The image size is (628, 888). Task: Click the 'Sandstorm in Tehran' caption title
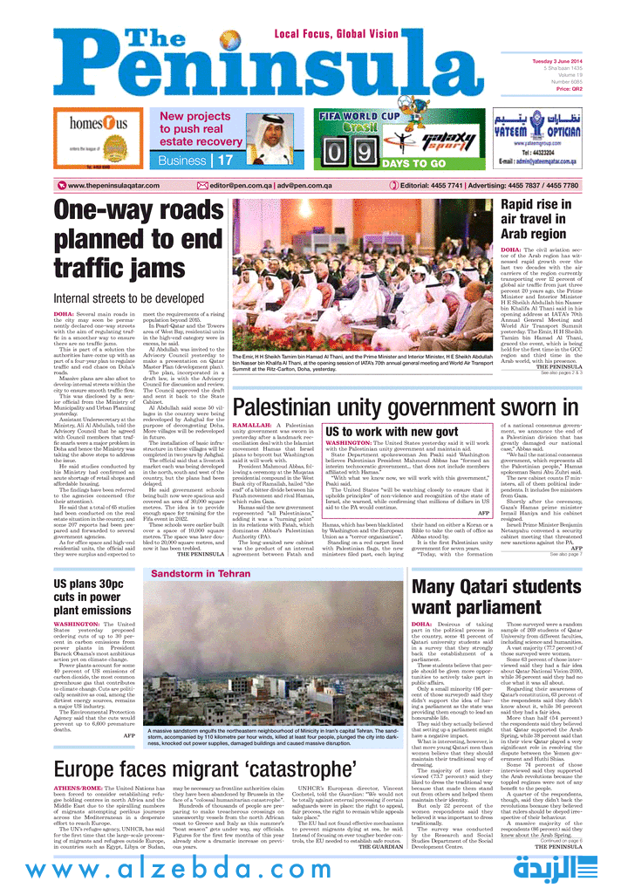click(x=188, y=574)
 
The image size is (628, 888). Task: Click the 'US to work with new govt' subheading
click(x=392, y=433)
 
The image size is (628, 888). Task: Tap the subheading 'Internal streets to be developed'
click(x=128, y=299)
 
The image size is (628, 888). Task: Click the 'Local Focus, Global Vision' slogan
click(x=338, y=33)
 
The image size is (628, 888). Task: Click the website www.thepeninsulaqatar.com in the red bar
click(x=113, y=185)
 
